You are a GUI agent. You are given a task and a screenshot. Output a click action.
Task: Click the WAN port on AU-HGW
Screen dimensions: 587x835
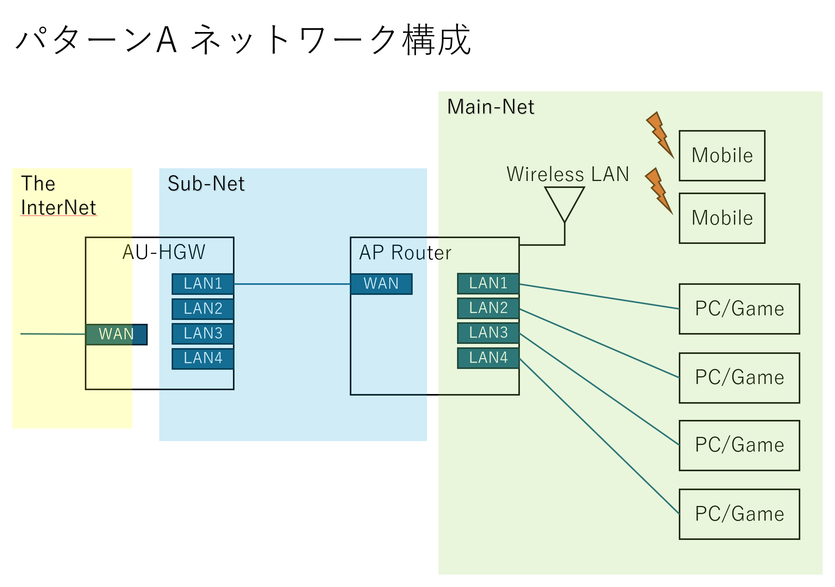[x=116, y=334]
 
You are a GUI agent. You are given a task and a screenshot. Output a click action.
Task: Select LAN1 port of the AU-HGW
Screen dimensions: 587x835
[x=203, y=284]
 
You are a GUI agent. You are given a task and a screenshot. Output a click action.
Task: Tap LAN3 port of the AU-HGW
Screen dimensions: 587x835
[x=203, y=333]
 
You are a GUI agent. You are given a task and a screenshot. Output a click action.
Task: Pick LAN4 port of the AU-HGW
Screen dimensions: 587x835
[x=203, y=359]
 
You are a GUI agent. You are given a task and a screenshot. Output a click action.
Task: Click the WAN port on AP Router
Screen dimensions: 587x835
[x=381, y=284]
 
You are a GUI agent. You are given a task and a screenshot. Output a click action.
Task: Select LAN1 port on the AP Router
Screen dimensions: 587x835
[x=488, y=283]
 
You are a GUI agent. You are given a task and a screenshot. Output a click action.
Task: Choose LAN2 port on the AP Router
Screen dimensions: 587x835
[x=488, y=308]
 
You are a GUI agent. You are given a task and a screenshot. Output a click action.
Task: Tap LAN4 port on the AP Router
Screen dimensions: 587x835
[x=488, y=358]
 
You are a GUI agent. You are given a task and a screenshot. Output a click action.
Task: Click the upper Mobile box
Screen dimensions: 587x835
[x=722, y=156]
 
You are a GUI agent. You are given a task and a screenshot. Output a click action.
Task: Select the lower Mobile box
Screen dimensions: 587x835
[x=722, y=218]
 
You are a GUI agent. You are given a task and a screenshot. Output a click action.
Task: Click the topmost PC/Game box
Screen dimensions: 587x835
[x=739, y=309]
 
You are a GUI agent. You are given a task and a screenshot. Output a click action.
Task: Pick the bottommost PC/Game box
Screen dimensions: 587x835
[x=739, y=514]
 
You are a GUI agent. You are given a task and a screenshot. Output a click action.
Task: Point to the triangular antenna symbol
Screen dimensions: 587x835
[x=564, y=201]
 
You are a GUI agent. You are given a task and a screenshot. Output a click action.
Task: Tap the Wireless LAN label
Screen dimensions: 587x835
[x=567, y=174]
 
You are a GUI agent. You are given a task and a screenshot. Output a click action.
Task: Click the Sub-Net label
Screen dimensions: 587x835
[x=206, y=184]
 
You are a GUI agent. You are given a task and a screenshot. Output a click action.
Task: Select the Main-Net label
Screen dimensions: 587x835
[x=490, y=107]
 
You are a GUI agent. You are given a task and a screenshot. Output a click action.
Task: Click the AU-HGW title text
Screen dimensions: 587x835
[x=164, y=252]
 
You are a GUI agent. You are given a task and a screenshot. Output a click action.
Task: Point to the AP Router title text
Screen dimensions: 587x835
[x=405, y=253]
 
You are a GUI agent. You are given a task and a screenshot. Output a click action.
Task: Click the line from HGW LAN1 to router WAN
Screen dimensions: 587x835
[x=292, y=284]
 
